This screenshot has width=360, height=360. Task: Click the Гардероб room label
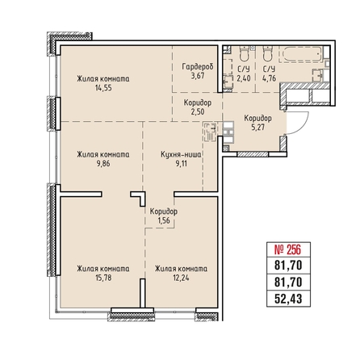click(x=198, y=66)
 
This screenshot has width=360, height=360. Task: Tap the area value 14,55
click(x=103, y=88)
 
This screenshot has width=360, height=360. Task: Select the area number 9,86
click(x=103, y=163)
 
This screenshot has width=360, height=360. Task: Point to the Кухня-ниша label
click(x=181, y=154)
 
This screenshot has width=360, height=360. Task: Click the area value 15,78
click(x=103, y=278)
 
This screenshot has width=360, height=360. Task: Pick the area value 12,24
click(x=181, y=278)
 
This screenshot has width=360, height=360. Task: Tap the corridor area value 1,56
click(x=164, y=220)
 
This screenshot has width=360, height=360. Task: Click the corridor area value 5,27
click(x=257, y=127)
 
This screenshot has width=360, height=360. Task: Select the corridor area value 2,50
click(x=198, y=111)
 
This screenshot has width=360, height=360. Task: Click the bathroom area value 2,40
click(x=244, y=78)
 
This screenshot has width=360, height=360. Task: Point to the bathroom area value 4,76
click(x=269, y=78)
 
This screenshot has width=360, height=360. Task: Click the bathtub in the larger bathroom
click(x=300, y=54)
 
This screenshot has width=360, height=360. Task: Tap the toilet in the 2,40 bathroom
click(x=245, y=53)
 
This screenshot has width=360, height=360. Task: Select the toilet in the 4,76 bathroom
click(x=268, y=53)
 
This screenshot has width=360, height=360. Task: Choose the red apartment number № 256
click(x=287, y=249)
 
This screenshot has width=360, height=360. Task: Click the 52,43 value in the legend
click(x=288, y=299)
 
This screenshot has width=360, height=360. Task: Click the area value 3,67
click(x=198, y=76)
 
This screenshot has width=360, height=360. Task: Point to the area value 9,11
click(x=181, y=163)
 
